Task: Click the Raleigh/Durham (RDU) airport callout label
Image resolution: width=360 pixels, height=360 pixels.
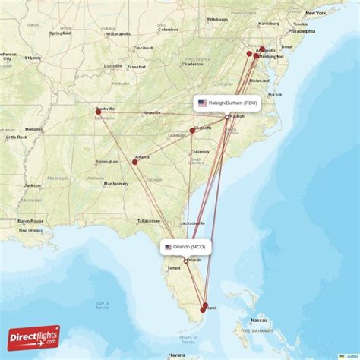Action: [228, 103]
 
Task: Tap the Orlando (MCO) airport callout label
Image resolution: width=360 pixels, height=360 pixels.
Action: [186, 247]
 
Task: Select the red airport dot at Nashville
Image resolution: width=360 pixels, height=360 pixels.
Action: [98, 112]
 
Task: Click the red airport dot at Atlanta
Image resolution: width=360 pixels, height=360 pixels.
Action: [135, 161]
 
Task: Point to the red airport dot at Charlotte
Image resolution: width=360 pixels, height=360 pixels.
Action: [193, 130]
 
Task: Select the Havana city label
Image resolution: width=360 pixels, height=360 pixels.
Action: [177, 355]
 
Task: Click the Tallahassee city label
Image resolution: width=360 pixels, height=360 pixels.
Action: [148, 220]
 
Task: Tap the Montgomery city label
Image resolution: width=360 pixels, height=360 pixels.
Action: [116, 184]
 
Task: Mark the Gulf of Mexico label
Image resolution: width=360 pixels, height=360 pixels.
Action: [103, 305]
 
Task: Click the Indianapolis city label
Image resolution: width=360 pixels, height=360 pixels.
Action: [117, 33]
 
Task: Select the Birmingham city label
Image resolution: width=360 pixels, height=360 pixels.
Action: [106, 161]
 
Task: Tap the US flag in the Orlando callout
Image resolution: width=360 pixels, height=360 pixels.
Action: [169, 247]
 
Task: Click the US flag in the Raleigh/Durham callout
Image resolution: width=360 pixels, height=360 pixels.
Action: [202, 103]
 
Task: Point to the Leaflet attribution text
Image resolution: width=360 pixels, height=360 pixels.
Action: [349, 356]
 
